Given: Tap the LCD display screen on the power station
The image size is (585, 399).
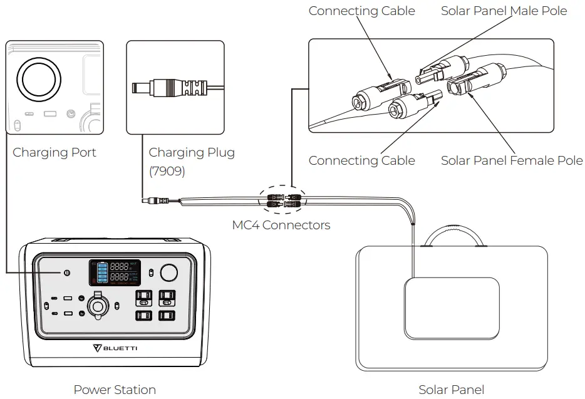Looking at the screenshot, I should pos(114,272).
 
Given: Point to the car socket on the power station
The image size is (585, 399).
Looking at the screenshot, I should pos(97,306).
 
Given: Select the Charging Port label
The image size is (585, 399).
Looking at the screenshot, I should pos(54,153).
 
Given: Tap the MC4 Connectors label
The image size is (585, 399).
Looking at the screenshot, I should pos(281,225).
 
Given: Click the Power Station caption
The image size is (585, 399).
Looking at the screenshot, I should pos(115,390).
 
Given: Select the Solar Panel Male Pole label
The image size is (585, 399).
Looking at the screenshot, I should pos(504,11).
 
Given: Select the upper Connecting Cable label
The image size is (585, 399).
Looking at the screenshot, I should pos(361,11).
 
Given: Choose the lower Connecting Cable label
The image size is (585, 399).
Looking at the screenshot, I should pos(361,161).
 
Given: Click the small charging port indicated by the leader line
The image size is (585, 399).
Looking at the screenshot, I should pos(66,272).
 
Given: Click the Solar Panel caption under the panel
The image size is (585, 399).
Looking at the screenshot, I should pos(451,390).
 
